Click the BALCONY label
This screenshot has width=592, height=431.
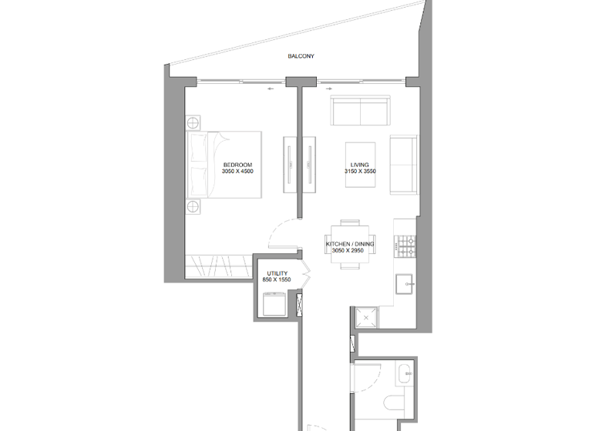click(x=301, y=57)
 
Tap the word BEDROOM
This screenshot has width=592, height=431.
click(x=237, y=165)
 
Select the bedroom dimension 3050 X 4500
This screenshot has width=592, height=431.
click(x=237, y=172)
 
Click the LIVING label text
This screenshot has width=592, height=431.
click(x=359, y=165)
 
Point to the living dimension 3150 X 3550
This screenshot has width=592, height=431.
click(x=359, y=172)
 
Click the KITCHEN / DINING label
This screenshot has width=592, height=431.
click(x=350, y=244)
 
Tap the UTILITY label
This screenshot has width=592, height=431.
click(x=277, y=273)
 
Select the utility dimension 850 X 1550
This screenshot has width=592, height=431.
click(x=277, y=280)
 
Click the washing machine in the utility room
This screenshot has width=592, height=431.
click(x=274, y=306)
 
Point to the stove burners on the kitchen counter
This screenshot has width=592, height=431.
click(x=405, y=246)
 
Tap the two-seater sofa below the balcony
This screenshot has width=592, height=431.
click(x=359, y=112)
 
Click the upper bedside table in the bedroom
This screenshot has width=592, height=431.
click(x=193, y=122)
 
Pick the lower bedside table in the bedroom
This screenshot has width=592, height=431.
click(x=193, y=205)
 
